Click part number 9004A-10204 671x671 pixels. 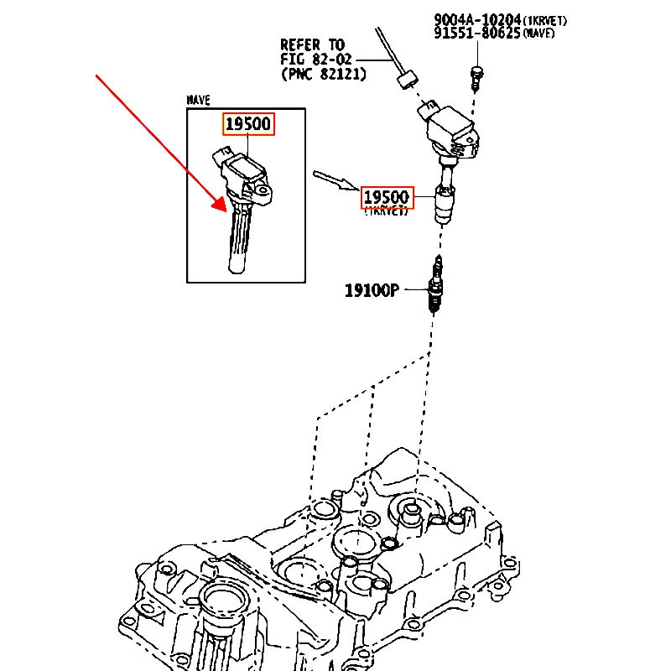tap(477, 18)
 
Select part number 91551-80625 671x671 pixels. tap(477, 34)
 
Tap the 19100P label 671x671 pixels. tap(372, 290)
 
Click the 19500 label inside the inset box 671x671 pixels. tap(247, 125)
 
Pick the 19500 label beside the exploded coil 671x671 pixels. tap(386, 198)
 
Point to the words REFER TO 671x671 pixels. tap(312, 45)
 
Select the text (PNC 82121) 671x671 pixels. tap(325, 74)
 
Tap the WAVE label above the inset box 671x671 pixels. tap(198, 100)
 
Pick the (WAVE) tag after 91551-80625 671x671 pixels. tap(538, 34)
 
